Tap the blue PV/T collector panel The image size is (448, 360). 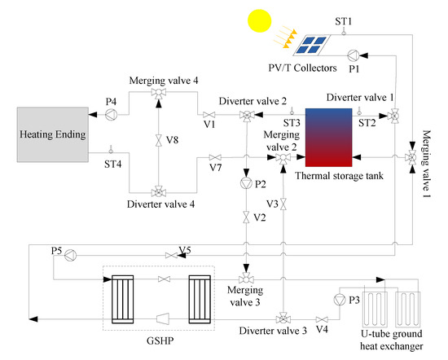pos(314,45)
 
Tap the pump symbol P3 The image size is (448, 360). pos(340,300)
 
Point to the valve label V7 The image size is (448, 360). pos(215,168)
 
